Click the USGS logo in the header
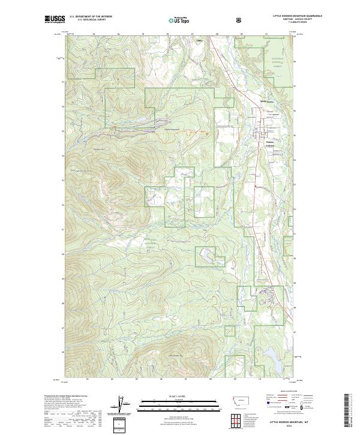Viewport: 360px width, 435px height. click(x=55, y=19)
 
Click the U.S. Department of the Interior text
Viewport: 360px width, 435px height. click(x=91, y=17)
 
